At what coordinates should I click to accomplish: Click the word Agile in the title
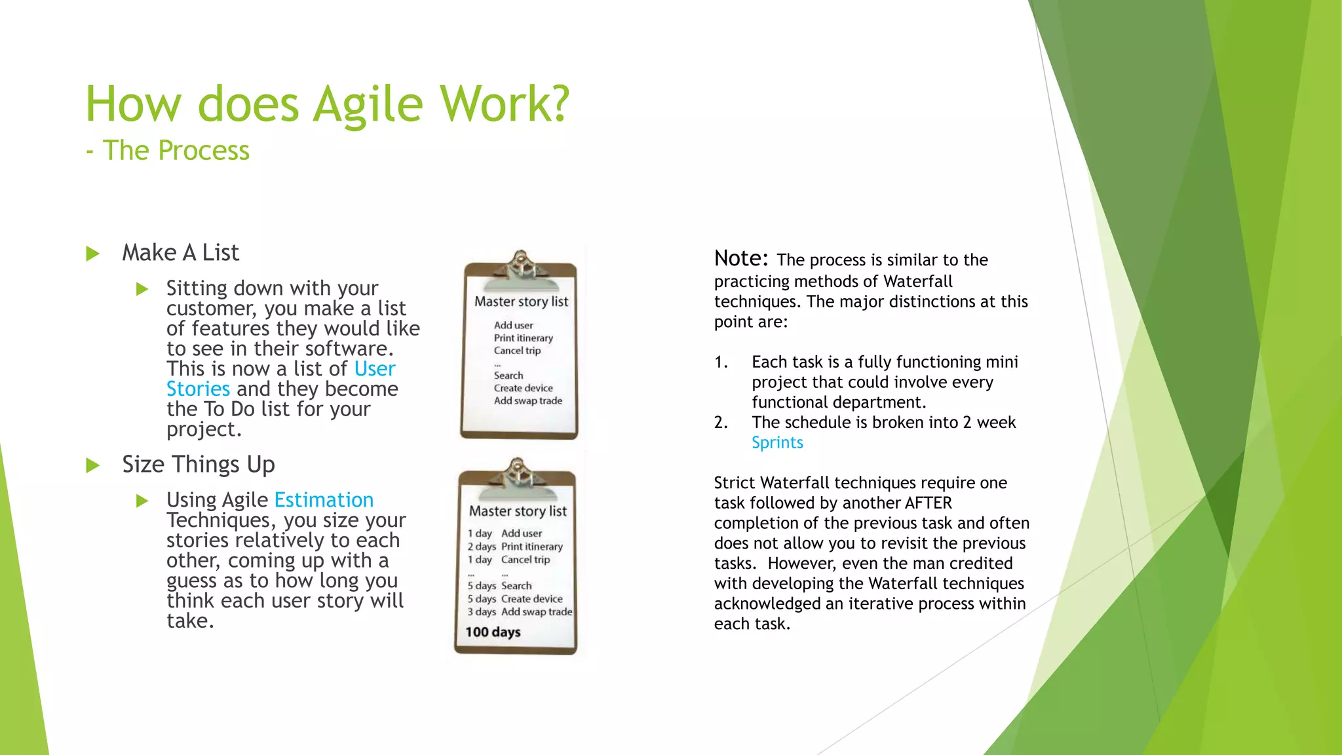click(368, 105)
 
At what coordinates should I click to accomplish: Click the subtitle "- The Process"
click(168, 151)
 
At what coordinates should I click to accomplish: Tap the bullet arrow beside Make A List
click(93, 254)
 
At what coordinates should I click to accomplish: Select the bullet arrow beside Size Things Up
click(93, 466)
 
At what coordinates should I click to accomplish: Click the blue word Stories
click(198, 389)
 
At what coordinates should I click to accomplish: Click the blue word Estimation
click(324, 500)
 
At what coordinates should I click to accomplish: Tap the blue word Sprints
click(777, 443)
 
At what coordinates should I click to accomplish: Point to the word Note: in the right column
click(741, 259)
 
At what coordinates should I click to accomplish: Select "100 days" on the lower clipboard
click(493, 632)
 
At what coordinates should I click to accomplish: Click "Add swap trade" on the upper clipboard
click(528, 401)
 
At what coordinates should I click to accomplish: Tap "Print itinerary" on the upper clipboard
click(524, 338)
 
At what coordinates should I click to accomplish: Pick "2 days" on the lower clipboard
click(482, 547)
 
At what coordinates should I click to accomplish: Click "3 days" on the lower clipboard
click(482, 612)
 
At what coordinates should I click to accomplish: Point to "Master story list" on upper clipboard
click(522, 302)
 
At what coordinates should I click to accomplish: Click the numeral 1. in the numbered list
click(721, 362)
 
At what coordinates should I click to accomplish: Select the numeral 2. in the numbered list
click(721, 423)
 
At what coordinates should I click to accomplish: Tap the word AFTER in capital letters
click(928, 503)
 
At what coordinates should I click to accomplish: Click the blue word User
click(375, 369)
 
